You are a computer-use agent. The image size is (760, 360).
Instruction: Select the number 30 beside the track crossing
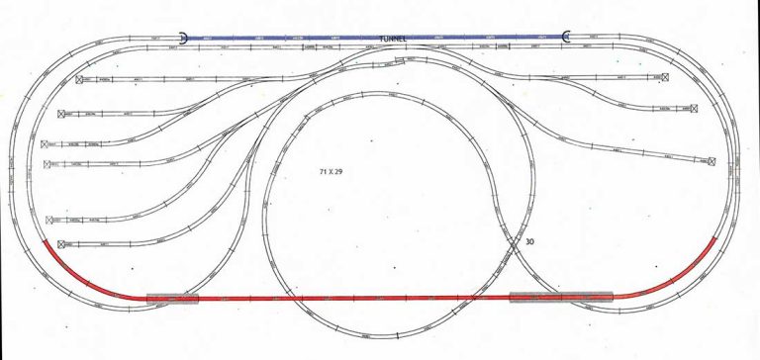pyautogui.click(x=529, y=240)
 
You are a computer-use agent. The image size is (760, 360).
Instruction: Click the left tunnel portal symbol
pyautogui.click(x=185, y=37)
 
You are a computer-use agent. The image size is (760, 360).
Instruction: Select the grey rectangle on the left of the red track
pyautogui.click(x=172, y=297)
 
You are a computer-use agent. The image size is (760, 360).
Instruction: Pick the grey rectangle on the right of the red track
pyautogui.click(x=561, y=296)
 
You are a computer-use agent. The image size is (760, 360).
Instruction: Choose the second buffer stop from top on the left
pyautogui.click(x=62, y=115)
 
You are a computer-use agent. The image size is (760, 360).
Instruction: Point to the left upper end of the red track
pyautogui.click(x=45, y=241)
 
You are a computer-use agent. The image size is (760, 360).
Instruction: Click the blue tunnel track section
pyautogui.click(x=297, y=37)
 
